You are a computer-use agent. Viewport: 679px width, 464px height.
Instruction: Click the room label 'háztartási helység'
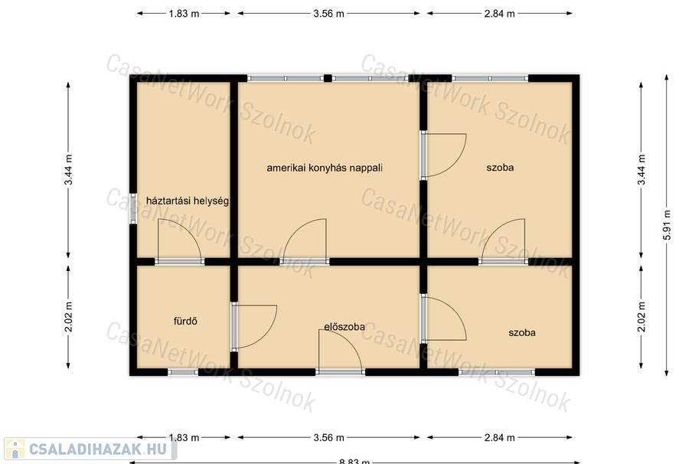click(x=187, y=201)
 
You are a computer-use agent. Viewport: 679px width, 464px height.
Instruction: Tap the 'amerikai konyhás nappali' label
click(x=325, y=168)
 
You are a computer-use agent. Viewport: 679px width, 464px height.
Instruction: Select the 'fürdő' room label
click(x=185, y=321)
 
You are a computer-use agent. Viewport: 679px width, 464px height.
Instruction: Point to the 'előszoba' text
click(x=344, y=327)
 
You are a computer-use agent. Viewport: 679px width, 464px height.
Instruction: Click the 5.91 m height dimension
click(x=667, y=225)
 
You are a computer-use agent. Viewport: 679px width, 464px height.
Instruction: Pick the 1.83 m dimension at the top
click(x=184, y=14)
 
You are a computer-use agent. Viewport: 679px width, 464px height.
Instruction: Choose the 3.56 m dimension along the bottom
click(x=328, y=437)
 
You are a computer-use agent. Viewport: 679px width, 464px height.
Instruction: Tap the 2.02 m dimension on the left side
click(x=68, y=317)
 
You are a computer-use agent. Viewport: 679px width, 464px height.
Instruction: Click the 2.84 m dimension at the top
click(x=500, y=14)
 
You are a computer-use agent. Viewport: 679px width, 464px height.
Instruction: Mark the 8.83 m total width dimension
click(x=354, y=461)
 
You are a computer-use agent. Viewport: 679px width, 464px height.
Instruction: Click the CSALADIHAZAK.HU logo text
click(x=98, y=449)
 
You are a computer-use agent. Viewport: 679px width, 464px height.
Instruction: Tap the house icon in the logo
click(x=15, y=449)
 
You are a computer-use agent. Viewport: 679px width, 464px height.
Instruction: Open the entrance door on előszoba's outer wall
click(x=341, y=371)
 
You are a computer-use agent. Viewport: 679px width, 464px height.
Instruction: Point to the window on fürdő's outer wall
click(x=183, y=371)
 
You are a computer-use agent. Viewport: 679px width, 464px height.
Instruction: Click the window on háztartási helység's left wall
click(x=133, y=208)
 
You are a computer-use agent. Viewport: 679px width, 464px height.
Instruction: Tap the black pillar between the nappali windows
click(x=328, y=78)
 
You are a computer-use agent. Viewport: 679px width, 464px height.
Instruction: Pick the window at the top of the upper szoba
click(x=490, y=78)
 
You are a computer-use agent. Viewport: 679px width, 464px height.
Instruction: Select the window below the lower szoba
click(x=497, y=371)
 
